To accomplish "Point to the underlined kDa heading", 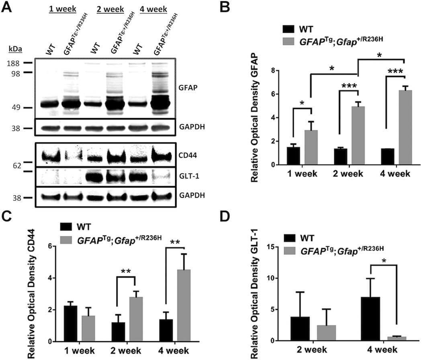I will coord(15,50).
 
